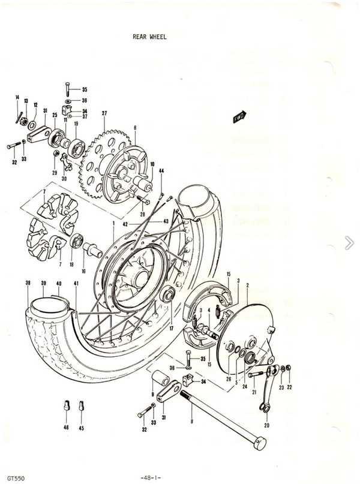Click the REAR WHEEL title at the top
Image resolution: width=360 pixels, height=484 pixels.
[149, 37]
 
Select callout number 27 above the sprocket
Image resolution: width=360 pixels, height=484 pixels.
[104, 113]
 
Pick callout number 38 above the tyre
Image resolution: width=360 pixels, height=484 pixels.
[28, 283]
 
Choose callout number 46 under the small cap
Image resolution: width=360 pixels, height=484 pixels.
[66, 428]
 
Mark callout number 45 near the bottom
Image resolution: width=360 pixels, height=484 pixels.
[81, 428]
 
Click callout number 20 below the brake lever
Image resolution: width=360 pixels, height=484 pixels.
[266, 425]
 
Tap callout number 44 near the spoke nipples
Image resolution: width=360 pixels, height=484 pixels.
[161, 172]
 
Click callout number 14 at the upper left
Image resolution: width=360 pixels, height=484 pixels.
[17, 98]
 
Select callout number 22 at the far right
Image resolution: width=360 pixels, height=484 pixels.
[289, 387]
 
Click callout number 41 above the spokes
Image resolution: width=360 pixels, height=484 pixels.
[76, 283]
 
